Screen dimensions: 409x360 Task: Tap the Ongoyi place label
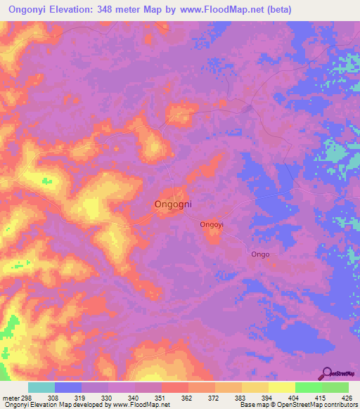(212, 225)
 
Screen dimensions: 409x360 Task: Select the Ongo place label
(261, 254)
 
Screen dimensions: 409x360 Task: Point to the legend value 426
(347, 397)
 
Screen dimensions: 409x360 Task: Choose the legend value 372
(213, 397)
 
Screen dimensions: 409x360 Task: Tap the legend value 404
(293, 397)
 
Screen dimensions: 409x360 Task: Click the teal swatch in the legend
(41, 387)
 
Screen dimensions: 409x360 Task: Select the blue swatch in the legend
(68, 387)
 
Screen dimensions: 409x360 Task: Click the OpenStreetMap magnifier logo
(327, 373)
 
